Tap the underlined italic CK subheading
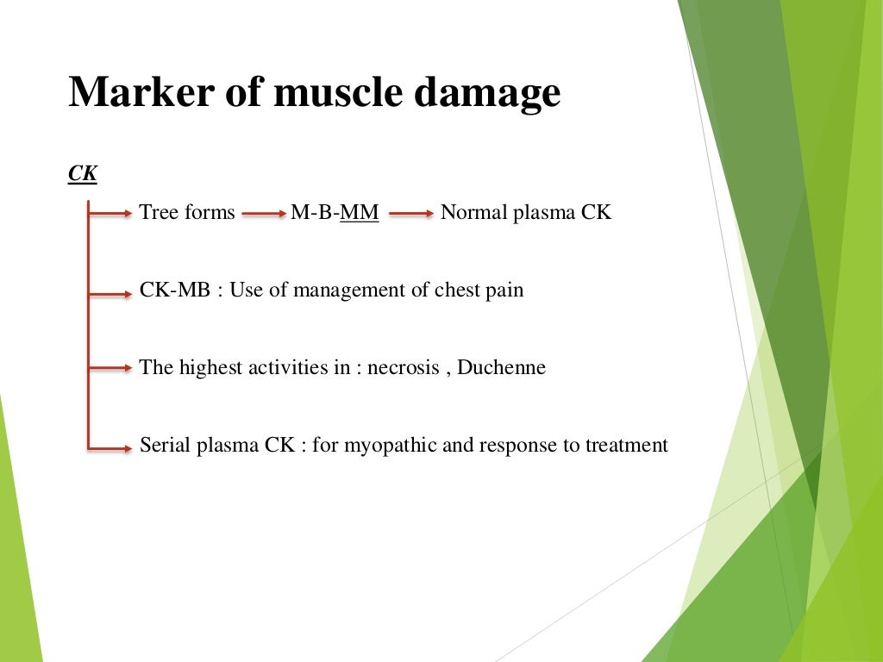[83, 174]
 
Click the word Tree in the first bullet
[158, 212]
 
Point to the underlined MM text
[360, 212]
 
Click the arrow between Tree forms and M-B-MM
[262, 213]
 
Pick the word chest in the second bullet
[457, 290]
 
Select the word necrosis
[404, 368]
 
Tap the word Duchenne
[501, 367]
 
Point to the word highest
[210, 368]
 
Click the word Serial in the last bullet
[165, 446]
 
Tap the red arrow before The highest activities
[110, 369]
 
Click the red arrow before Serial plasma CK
[110, 447]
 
